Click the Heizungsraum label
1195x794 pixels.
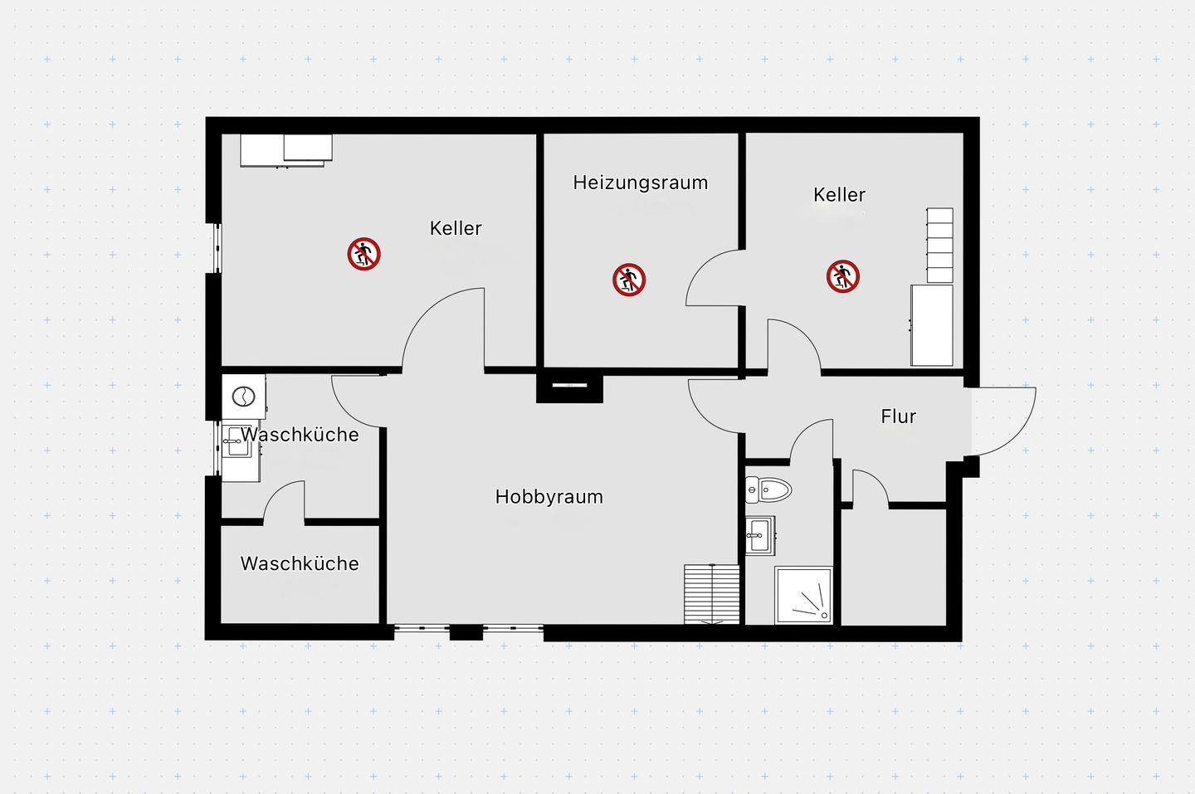tap(640, 183)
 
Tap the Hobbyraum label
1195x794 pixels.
tap(549, 497)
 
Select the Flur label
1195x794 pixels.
tap(899, 416)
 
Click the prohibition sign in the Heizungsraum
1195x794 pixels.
tap(629, 280)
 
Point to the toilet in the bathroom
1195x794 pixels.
tap(768, 490)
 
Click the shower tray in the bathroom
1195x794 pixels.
tap(803, 595)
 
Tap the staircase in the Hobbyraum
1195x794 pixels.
tap(712, 593)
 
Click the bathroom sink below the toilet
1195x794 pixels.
tap(759, 535)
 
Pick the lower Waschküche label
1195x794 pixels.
tap(300, 563)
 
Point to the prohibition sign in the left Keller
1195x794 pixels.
tap(363, 254)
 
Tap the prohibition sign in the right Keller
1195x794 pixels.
tap(843, 276)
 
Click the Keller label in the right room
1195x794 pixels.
tap(839, 195)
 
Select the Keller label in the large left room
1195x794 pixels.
tap(456, 229)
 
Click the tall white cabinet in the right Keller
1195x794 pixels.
tap(932, 325)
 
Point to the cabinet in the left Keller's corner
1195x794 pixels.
tap(286, 150)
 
